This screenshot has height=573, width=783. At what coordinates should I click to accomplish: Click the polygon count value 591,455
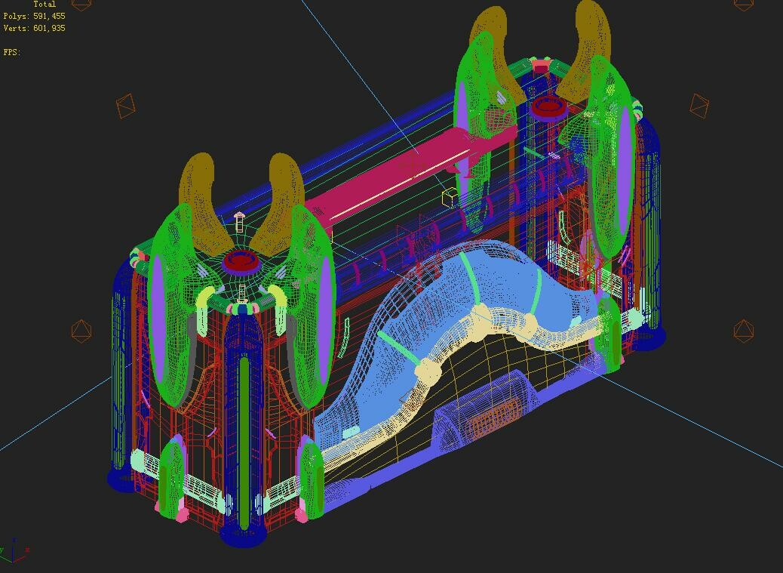coord(49,16)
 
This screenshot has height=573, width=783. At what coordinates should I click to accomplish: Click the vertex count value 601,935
coord(49,28)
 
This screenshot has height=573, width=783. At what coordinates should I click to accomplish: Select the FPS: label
coord(11,52)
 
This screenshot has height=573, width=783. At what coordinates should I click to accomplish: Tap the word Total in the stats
coord(45,4)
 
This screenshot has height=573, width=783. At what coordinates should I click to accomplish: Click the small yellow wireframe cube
coord(450,198)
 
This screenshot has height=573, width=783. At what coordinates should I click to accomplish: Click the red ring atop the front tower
coord(241,261)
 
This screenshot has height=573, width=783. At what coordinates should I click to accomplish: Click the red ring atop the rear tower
coord(548,106)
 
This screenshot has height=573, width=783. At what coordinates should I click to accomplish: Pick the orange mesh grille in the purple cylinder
coord(495,415)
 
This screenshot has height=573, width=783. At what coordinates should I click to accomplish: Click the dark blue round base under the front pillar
coord(243,534)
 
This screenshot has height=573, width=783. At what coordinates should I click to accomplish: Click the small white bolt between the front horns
coord(240,221)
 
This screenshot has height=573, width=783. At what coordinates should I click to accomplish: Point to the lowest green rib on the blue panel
coord(394,343)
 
